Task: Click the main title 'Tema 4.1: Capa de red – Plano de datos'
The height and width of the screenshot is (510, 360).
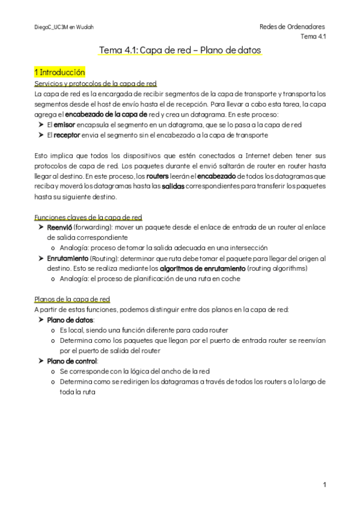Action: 180,51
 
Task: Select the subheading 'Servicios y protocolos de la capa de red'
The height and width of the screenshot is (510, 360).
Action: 96,84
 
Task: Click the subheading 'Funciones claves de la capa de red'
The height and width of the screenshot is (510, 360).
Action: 88,217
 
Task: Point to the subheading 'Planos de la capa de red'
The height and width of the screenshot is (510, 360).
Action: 72,299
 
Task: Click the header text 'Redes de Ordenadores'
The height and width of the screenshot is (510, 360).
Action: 292,27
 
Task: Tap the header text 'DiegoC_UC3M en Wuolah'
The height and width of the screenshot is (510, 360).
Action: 64,28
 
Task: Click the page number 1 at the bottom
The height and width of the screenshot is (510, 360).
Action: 324,484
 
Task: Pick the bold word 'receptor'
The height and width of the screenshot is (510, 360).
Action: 67,135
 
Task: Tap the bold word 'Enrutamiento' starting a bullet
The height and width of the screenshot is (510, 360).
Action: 67,259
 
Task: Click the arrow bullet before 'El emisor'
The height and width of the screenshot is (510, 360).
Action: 40,125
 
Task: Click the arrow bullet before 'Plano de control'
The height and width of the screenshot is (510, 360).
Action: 40,361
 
